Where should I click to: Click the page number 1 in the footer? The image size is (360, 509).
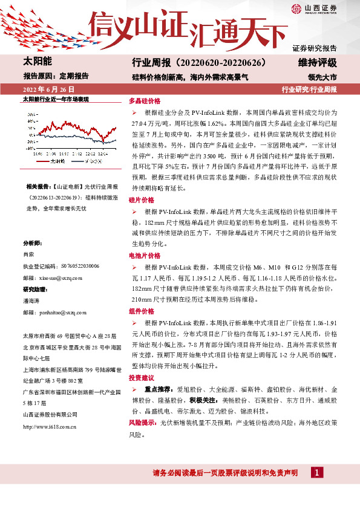click(x=316, y=473)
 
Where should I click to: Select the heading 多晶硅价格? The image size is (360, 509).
click(x=145, y=102)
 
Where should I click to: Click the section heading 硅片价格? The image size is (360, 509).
click(x=142, y=199)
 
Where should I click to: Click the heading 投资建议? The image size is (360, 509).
click(x=142, y=377)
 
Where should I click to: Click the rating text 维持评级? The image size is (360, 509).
click(x=317, y=63)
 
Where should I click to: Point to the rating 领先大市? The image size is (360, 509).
click(x=321, y=77)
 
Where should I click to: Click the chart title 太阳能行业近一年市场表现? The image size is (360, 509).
click(x=56, y=99)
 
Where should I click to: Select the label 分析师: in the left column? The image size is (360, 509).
click(x=32, y=243)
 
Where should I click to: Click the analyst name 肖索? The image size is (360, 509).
click(x=28, y=254)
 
